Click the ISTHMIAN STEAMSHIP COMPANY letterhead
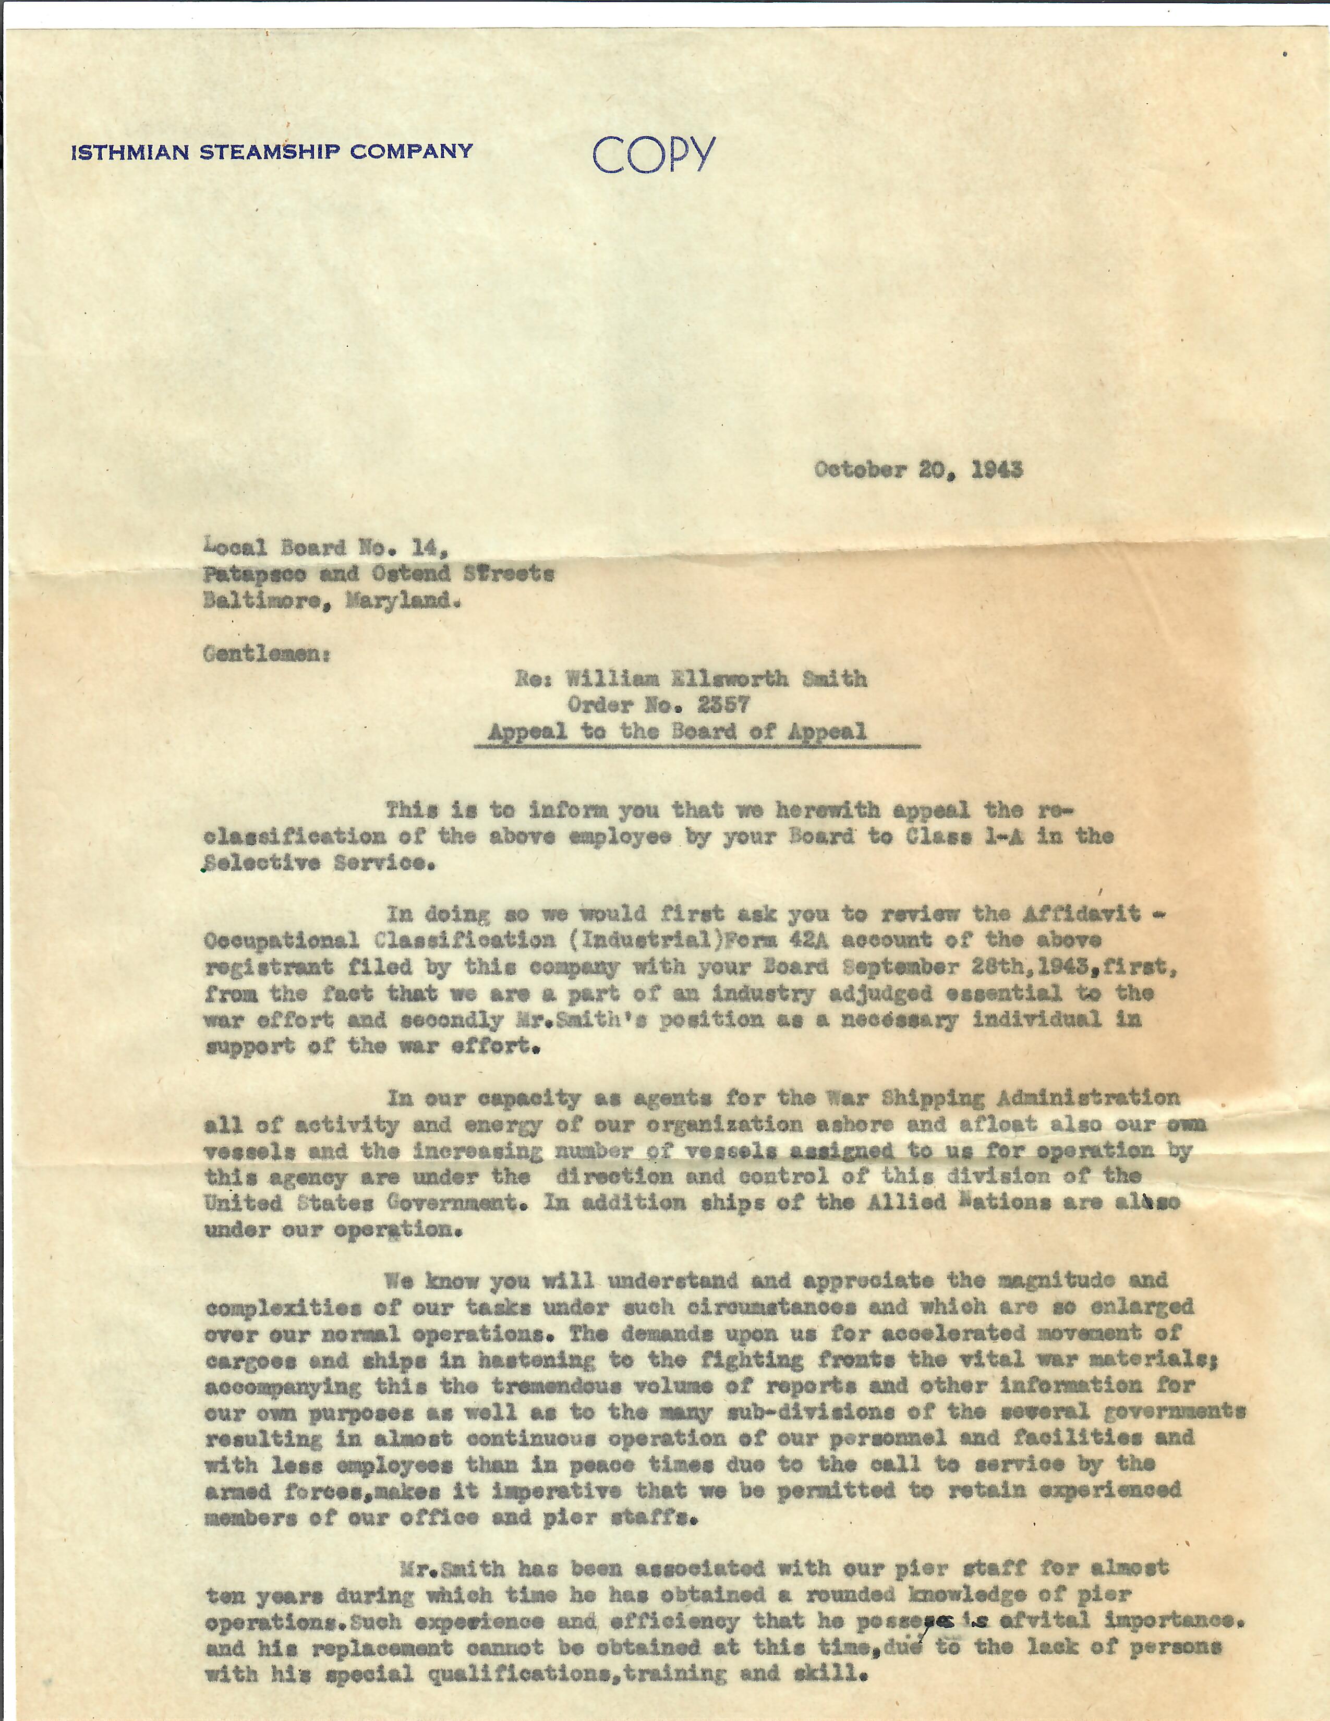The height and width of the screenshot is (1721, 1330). [x=272, y=151]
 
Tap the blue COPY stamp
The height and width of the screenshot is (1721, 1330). [x=654, y=154]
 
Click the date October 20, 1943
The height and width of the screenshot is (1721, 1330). [x=918, y=470]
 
